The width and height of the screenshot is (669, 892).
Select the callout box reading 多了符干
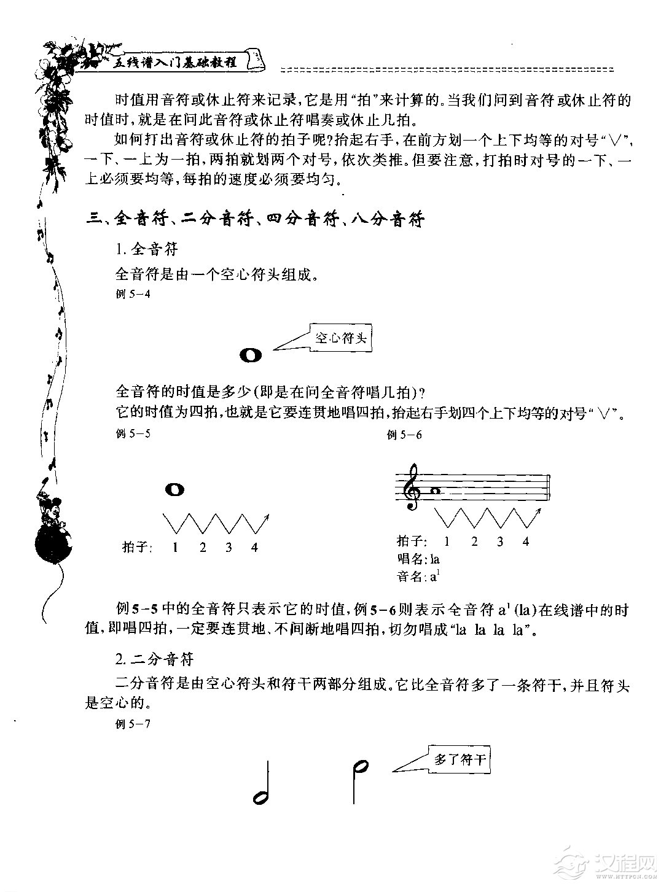pyautogui.click(x=460, y=759)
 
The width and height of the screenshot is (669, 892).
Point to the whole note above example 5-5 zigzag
pyautogui.click(x=174, y=489)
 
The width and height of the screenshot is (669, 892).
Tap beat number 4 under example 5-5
pyautogui.click(x=254, y=547)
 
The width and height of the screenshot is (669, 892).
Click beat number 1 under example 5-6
pyautogui.click(x=447, y=541)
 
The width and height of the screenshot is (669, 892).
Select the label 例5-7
pyautogui.click(x=133, y=723)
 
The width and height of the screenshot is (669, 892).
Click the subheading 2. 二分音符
pyautogui.click(x=154, y=659)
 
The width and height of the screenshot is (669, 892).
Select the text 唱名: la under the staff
pyautogui.click(x=418, y=559)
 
